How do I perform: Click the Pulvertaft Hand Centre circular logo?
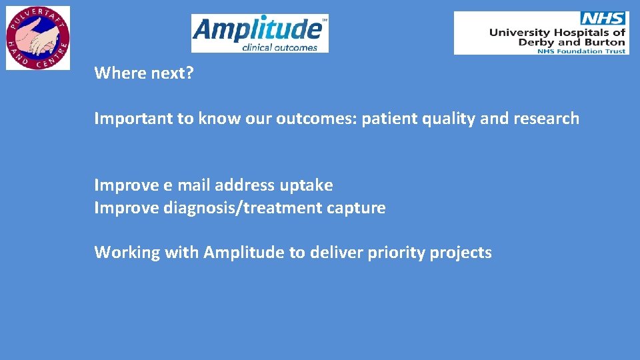[38, 37]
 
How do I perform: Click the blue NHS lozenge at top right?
[604, 19]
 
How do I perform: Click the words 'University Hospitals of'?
[557, 32]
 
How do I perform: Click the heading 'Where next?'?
[144, 73]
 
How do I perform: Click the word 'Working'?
[122, 253]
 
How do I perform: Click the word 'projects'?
[461, 253]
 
